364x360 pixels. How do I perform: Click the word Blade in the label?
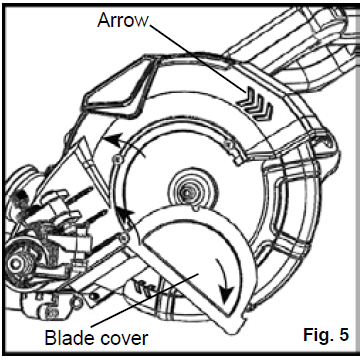(67, 336)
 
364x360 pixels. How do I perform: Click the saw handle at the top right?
(300, 40)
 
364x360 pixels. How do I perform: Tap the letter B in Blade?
(49, 336)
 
